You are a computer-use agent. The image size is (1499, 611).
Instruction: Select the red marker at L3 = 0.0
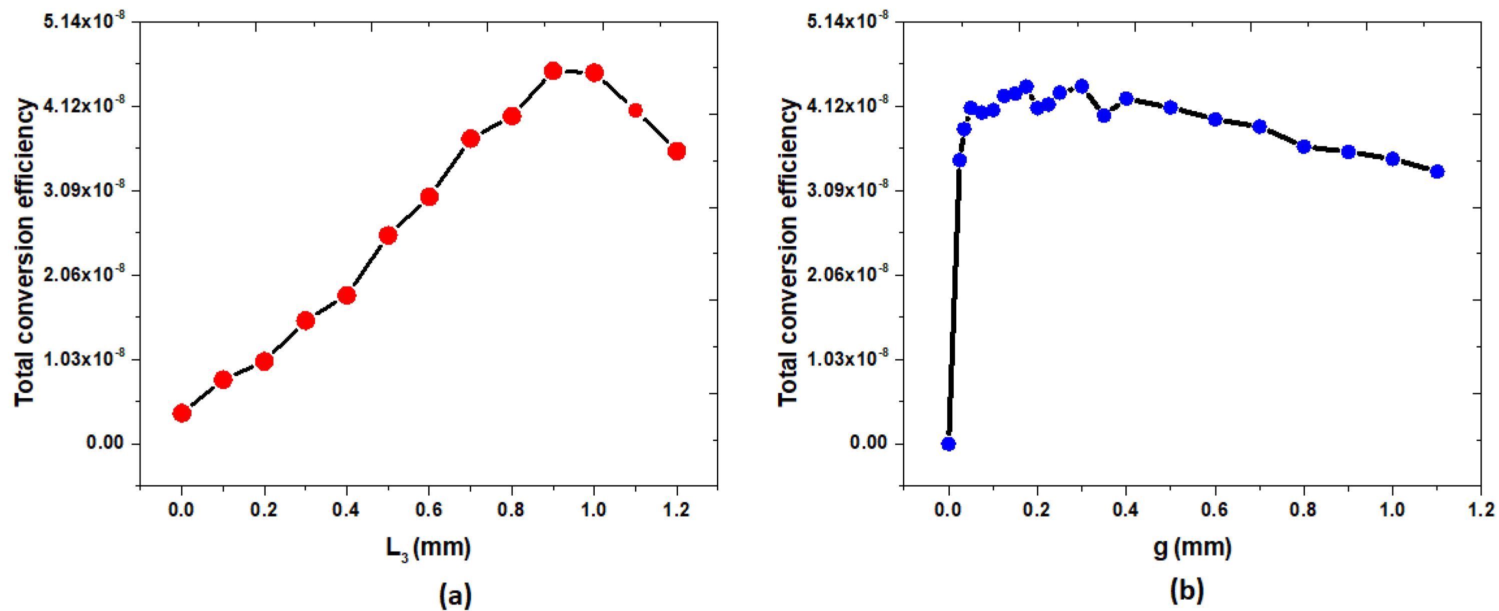tap(182, 413)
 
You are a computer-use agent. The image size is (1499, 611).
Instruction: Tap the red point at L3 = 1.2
tap(676, 151)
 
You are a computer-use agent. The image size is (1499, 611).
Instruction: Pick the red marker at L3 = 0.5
tap(388, 235)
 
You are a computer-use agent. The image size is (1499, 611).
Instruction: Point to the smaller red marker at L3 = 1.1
tap(635, 110)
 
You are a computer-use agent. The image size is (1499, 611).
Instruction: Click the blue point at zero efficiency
tap(948, 444)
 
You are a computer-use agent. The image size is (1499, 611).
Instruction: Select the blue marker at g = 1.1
tap(1437, 171)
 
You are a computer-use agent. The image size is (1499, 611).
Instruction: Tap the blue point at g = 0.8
tap(1303, 146)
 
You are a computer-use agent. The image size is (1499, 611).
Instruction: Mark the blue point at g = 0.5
tap(1171, 107)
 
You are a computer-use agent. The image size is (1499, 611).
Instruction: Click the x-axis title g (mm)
tap(1192, 547)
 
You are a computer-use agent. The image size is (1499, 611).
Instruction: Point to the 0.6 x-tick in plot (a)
tap(429, 509)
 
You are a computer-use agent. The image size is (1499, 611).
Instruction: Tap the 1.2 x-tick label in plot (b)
tap(1480, 509)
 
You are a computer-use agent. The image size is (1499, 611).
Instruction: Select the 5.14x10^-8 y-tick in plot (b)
tap(848, 21)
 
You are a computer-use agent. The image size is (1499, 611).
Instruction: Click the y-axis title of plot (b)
tap(788, 252)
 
